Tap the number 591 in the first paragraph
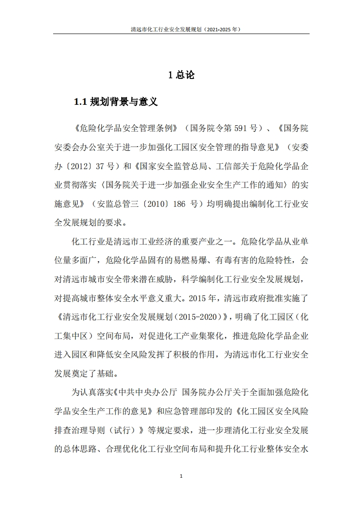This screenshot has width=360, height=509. coord(239,128)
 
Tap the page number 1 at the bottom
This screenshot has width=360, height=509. coord(181,476)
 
